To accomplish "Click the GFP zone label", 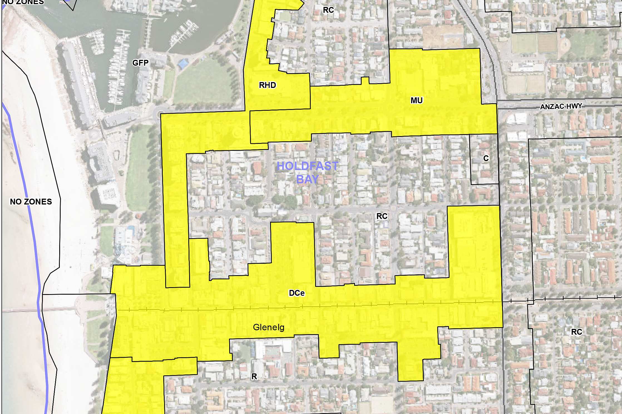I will click(140, 63).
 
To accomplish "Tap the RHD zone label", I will click(267, 85).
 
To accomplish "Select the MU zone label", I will click(416, 100).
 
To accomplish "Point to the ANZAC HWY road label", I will click(561, 107).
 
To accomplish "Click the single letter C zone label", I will click(486, 158).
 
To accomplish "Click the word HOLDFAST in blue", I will click(307, 166).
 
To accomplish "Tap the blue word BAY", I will click(307, 180).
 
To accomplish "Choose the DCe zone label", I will click(297, 293).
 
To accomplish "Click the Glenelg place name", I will click(268, 327).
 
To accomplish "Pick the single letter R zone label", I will click(254, 376).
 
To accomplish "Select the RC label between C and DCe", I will click(382, 216).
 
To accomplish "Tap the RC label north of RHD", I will click(328, 10).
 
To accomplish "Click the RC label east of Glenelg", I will click(576, 332).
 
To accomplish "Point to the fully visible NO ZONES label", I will click(31, 202).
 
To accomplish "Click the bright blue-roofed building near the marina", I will click(183, 64).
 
